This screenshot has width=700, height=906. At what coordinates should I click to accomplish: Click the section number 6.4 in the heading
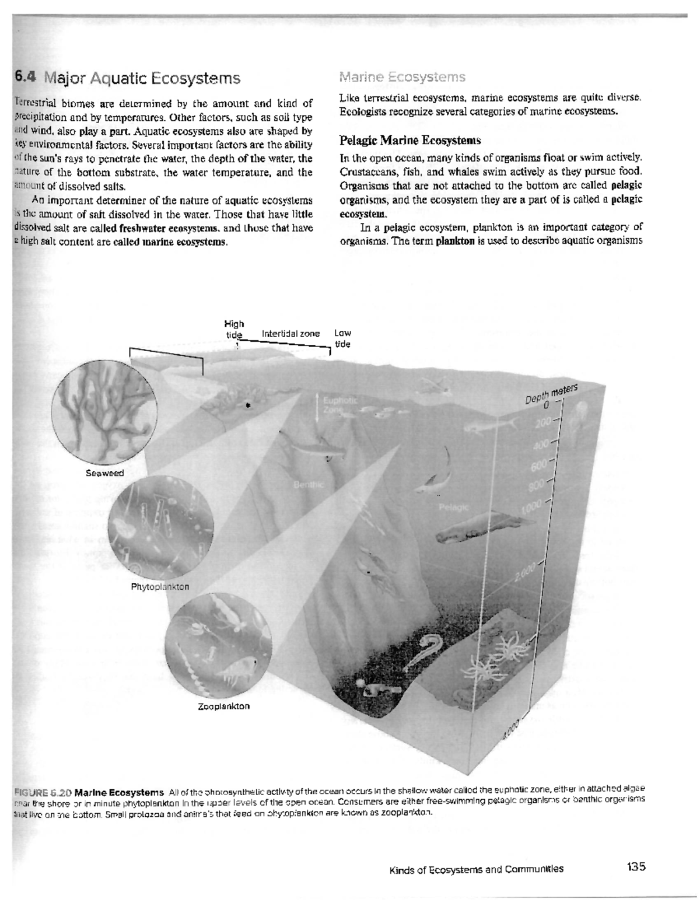(x=26, y=78)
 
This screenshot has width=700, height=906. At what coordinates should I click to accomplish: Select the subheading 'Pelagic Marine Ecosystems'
(x=410, y=140)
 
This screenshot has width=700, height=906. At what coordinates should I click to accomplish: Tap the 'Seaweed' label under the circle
(x=105, y=473)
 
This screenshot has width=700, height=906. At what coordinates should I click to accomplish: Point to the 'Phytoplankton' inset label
(x=160, y=586)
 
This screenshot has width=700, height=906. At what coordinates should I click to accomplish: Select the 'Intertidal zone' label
(x=290, y=334)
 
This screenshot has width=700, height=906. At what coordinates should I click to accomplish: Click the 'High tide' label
(x=235, y=329)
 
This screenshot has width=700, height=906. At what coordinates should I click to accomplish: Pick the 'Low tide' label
(x=342, y=338)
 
